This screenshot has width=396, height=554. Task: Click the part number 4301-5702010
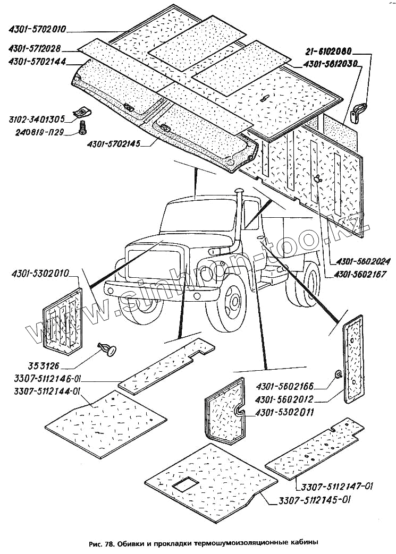click(37, 30)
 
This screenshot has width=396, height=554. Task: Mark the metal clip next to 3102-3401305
click(81, 112)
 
